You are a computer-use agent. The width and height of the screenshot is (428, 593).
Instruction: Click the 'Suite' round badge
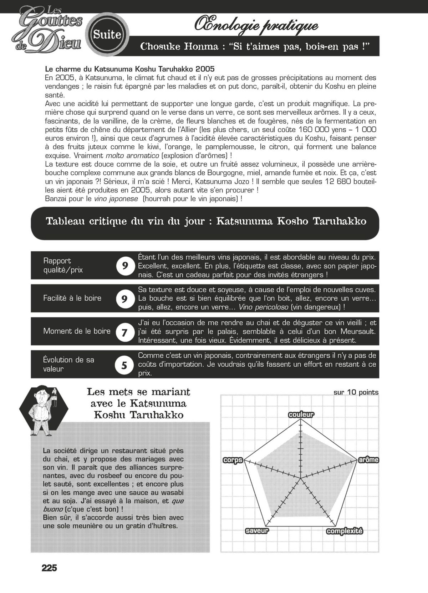click(107, 35)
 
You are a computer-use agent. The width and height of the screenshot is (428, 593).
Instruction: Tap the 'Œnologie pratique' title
click(256, 26)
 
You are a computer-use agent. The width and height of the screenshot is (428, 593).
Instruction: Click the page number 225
click(49, 568)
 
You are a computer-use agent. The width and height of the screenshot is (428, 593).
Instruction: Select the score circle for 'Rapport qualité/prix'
click(125, 266)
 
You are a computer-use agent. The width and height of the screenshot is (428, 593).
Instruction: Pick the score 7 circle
click(124, 332)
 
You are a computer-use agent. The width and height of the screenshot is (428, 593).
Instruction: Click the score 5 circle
click(124, 365)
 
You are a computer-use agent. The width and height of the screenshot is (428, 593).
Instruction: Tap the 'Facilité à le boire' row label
click(72, 298)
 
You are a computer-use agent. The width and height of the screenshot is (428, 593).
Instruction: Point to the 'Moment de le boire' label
click(77, 331)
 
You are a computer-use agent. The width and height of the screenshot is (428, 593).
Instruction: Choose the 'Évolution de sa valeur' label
click(68, 364)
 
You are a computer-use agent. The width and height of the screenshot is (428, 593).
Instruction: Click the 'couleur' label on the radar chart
click(301, 414)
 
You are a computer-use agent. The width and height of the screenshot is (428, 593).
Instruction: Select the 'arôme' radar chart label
click(368, 460)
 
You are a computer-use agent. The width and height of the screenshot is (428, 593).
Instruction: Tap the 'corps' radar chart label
click(233, 460)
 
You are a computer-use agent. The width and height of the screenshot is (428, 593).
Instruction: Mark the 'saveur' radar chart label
click(257, 531)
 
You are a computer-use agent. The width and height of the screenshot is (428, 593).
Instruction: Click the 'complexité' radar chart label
click(345, 531)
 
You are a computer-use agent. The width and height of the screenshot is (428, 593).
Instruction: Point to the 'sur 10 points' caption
click(356, 392)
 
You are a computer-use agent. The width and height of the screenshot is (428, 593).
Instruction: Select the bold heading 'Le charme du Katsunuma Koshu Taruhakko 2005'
click(130, 69)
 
